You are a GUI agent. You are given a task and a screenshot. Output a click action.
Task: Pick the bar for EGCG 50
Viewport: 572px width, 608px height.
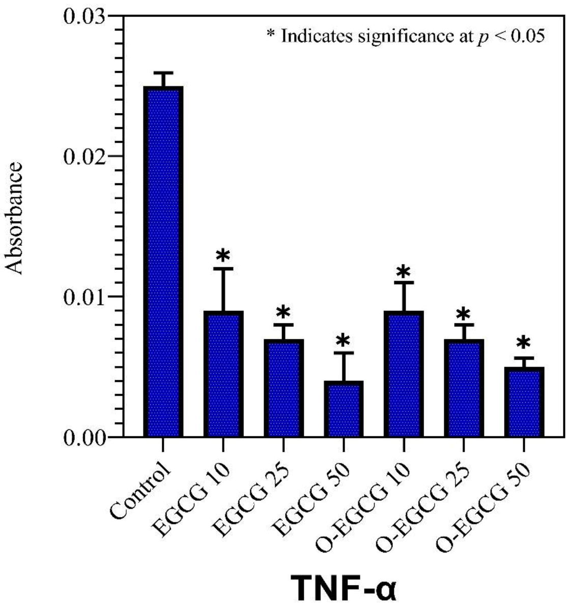343,408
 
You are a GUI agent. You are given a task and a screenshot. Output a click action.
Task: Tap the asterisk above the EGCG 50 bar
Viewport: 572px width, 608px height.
343,341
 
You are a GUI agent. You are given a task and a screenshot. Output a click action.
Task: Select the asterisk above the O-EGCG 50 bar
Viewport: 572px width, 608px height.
524,344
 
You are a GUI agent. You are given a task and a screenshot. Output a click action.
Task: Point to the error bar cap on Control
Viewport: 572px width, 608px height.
163,73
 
